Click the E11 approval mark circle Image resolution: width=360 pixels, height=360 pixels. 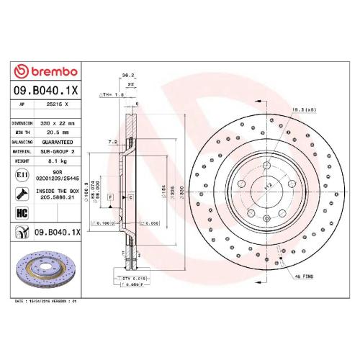pyautogui.click(x=21, y=175)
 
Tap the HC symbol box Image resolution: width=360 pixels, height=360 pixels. pyautogui.click(x=21, y=212)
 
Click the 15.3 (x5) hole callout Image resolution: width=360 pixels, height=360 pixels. pyautogui.click(x=303, y=109)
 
